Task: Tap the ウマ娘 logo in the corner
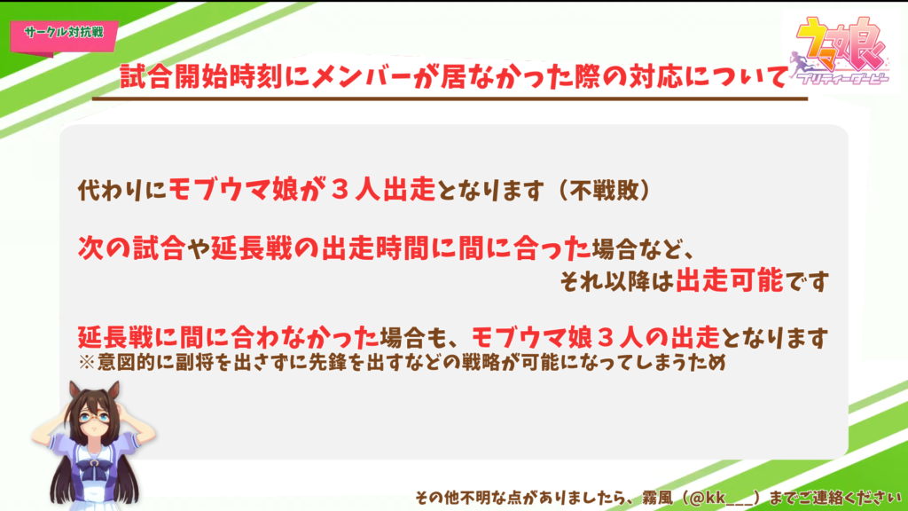click(x=840, y=51)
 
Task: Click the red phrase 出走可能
click(x=729, y=281)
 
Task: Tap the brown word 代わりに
click(x=122, y=190)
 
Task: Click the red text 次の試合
click(x=131, y=248)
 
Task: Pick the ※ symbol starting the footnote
click(x=86, y=363)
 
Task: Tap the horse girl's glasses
click(x=92, y=416)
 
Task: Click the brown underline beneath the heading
click(x=450, y=99)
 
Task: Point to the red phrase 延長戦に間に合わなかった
click(x=228, y=337)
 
